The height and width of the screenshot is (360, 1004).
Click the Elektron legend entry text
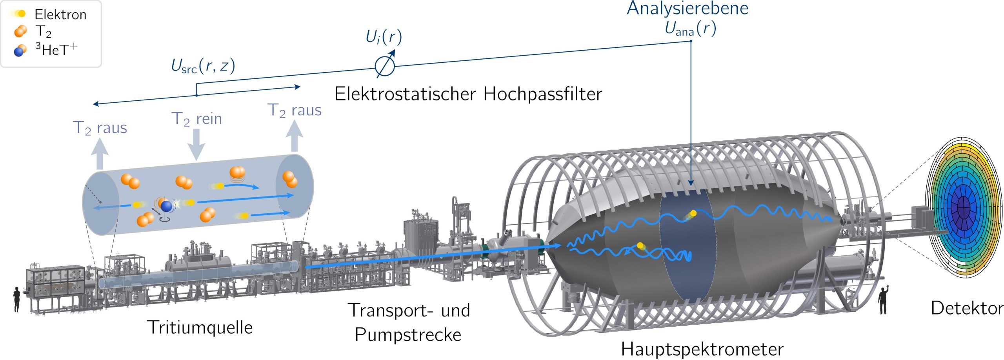pyautogui.click(x=60, y=15)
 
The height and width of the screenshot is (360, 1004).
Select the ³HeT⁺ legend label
pyautogui.click(x=56, y=49)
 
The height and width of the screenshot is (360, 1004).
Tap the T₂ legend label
pyautogui.click(x=43, y=31)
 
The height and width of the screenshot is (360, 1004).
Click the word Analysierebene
pyautogui.click(x=687, y=8)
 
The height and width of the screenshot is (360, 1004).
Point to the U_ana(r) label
pyautogui.click(x=690, y=28)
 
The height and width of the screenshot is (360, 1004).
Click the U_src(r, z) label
pyautogui.click(x=203, y=66)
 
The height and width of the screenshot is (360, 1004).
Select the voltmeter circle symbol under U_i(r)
pyautogui.click(x=385, y=67)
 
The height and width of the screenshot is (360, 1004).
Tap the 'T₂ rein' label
pyautogui.click(x=197, y=118)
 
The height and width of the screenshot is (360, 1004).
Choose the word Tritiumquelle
pyautogui.click(x=200, y=327)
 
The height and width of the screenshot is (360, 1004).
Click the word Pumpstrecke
pyautogui.click(x=408, y=335)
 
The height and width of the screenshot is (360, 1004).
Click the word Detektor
pyautogui.click(x=967, y=308)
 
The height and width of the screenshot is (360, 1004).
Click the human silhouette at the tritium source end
pyautogui.click(x=16, y=299)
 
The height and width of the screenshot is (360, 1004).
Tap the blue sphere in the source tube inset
pyautogui.click(x=167, y=206)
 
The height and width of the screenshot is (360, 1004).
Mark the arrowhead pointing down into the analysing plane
pyautogui.click(x=691, y=183)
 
